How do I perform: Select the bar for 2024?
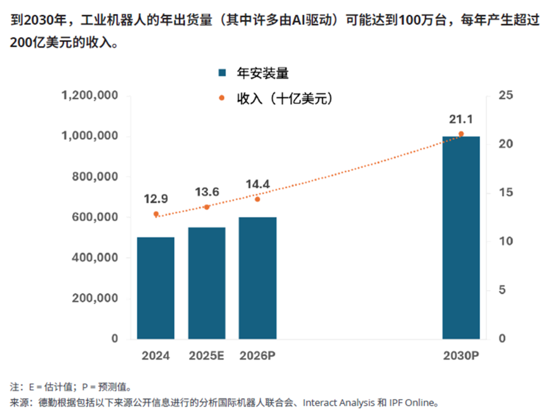click(x=156, y=288)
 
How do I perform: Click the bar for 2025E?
click(x=207, y=283)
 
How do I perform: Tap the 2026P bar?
click(x=258, y=278)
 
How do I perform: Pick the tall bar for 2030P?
click(x=461, y=238)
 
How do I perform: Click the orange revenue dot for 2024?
click(x=156, y=214)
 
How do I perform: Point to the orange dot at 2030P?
click(x=461, y=134)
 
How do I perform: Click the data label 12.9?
click(x=156, y=199)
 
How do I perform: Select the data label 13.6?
click(x=207, y=192)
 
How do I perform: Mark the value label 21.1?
click(x=461, y=119)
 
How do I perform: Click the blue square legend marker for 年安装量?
click(x=222, y=73)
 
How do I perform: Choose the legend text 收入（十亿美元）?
click(x=285, y=98)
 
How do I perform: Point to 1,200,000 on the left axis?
click(x=90, y=96)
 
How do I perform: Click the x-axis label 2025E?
click(x=207, y=356)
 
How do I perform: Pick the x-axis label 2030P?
click(x=461, y=356)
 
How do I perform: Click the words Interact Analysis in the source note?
click(x=338, y=402)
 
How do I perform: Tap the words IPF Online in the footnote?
click(x=416, y=402)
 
